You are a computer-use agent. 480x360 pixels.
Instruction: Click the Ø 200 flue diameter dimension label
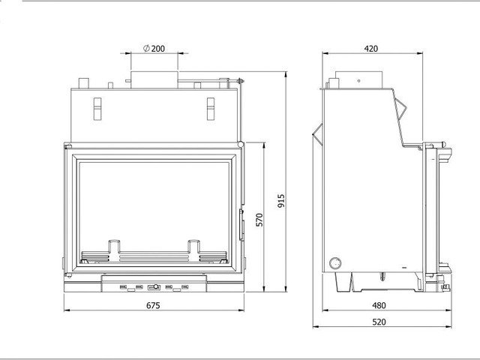pyautogui.click(x=154, y=48)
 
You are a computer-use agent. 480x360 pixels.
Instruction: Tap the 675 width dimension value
pyautogui.click(x=153, y=305)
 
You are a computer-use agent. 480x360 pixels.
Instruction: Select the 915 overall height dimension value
pyautogui.click(x=281, y=201)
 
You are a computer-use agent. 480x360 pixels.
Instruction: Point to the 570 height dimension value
pyautogui.click(x=259, y=220)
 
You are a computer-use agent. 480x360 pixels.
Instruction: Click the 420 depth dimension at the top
pyautogui.click(x=371, y=49)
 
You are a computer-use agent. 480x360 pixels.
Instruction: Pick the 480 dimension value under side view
pyautogui.click(x=379, y=305)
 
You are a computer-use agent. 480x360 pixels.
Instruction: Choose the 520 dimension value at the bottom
pyautogui.click(x=379, y=322)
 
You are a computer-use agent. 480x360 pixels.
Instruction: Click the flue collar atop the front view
pyautogui.click(x=154, y=80)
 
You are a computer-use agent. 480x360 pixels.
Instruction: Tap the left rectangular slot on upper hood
pyautogui.click(x=97, y=109)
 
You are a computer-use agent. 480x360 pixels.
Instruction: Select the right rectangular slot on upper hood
pyautogui.click(x=211, y=109)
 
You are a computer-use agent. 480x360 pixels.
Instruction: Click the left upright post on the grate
pyautogui.click(x=115, y=250)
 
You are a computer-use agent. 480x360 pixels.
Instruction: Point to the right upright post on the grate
pyautogui.click(x=193, y=250)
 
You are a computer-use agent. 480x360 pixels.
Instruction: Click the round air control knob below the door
pyautogui.click(x=156, y=286)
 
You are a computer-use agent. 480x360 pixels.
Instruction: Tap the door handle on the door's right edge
pyautogui.click(x=241, y=225)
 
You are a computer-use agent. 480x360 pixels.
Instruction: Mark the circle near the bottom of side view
pyautogui.click(x=335, y=263)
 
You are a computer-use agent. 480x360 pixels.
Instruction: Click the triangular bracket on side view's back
pyautogui.click(x=318, y=134)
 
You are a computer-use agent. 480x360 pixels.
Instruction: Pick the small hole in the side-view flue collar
pyautogui.click(x=358, y=81)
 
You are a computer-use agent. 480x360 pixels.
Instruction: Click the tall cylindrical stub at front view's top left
pyautogui.click(x=83, y=83)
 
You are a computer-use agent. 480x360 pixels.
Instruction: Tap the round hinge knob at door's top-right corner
pyautogui.click(x=241, y=144)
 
